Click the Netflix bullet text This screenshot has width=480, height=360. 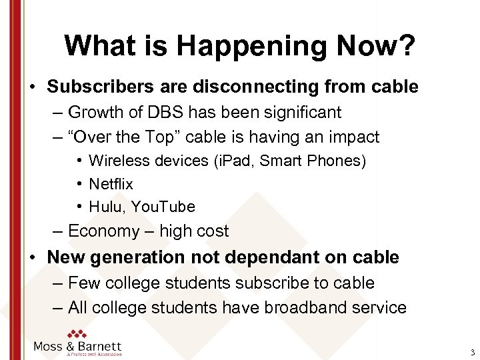click(x=111, y=183)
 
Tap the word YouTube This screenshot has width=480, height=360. click(x=163, y=207)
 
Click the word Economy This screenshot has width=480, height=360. click(x=103, y=231)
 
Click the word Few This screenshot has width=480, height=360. click(x=83, y=283)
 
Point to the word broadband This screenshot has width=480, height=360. click(x=303, y=307)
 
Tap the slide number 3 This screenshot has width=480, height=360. click(x=472, y=353)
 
